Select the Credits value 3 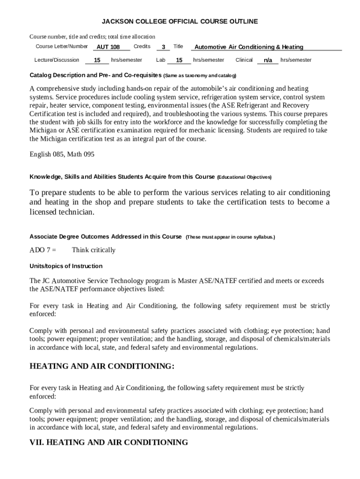(x=163, y=47)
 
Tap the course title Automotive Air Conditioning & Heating (x=249, y=47)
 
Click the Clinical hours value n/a (x=268, y=60)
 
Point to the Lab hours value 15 (x=179, y=60)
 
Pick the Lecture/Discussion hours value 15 (x=97, y=60)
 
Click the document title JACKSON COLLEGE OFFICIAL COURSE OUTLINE (x=180, y=22)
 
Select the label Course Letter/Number (x=62, y=46)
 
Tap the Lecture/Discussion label (x=57, y=60)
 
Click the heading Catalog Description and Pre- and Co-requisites (x=95, y=75)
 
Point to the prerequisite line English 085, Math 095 (x=62, y=154)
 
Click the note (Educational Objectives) (x=244, y=177)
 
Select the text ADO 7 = (x=43, y=250)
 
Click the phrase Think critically (x=94, y=250)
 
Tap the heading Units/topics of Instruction (x=66, y=266)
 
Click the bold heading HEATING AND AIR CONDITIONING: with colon (x=102, y=366)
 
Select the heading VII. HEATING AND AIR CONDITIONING (x=108, y=443)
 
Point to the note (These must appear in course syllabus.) (x=230, y=237)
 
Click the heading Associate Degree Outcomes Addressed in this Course (x=106, y=237)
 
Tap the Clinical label (x=244, y=60)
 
